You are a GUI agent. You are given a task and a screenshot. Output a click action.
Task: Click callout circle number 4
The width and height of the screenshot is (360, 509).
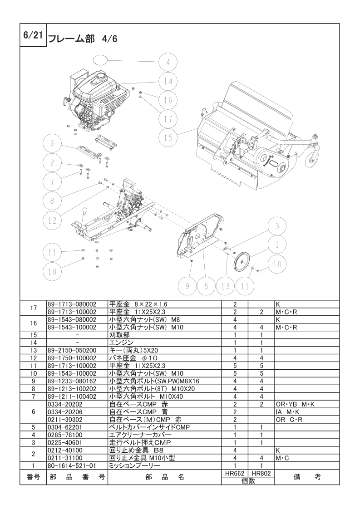(x=168, y=62)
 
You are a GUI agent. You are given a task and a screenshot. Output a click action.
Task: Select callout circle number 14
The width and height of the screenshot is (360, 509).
(x=168, y=81)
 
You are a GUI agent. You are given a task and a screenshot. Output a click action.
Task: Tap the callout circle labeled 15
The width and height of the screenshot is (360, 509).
(x=168, y=137)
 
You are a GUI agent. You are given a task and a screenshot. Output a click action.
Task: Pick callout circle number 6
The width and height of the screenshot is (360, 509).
(x=52, y=143)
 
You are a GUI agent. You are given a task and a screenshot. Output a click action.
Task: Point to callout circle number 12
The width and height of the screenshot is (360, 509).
(x=52, y=220)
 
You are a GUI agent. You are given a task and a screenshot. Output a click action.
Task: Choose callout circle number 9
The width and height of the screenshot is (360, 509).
(x=186, y=286)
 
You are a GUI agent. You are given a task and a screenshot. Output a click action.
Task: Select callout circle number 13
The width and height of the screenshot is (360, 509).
(x=226, y=286)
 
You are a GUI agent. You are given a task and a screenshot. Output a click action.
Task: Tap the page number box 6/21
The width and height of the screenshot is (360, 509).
(x=32, y=36)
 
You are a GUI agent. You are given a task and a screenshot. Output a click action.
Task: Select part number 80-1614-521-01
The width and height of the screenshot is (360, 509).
(x=71, y=466)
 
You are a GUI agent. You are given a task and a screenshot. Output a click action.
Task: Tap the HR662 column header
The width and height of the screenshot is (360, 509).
(x=235, y=473)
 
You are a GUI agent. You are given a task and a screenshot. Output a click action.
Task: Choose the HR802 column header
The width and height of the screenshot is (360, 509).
(x=261, y=473)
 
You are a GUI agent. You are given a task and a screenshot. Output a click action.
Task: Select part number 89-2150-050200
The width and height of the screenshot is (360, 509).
(x=72, y=350)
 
